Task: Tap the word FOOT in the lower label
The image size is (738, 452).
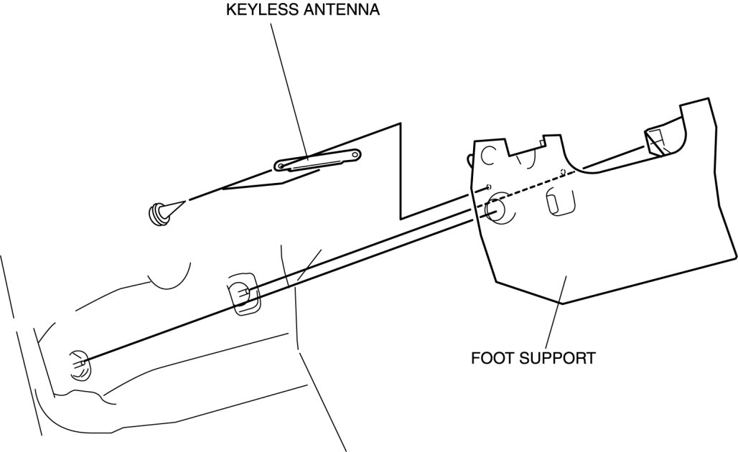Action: click(490, 357)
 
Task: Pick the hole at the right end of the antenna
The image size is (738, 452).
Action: click(355, 154)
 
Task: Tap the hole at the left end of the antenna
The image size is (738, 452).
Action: click(281, 168)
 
